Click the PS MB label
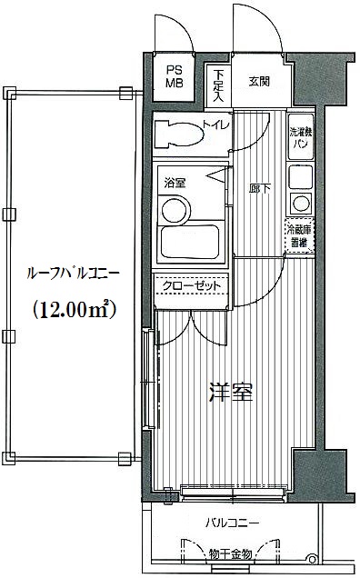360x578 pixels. [x=175, y=76]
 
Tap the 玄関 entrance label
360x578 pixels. [x=259, y=82]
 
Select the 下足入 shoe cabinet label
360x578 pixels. [x=218, y=85]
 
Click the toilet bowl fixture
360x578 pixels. [x=179, y=135]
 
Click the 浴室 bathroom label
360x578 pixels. [x=175, y=183]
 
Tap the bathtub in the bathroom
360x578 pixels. [x=190, y=242]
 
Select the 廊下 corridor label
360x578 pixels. [x=260, y=190]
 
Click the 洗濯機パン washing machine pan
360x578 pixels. [x=301, y=137]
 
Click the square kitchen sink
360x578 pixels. [x=301, y=177]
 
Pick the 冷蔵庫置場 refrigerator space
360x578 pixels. [x=299, y=236]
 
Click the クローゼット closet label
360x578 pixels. [x=192, y=285]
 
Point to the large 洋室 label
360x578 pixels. [x=231, y=393]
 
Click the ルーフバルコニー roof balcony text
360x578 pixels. [x=73, y=274]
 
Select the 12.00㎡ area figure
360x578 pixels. [x=75, y=310]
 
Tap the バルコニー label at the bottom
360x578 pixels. [x=233, y=523]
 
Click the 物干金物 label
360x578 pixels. [x=230, y=553]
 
